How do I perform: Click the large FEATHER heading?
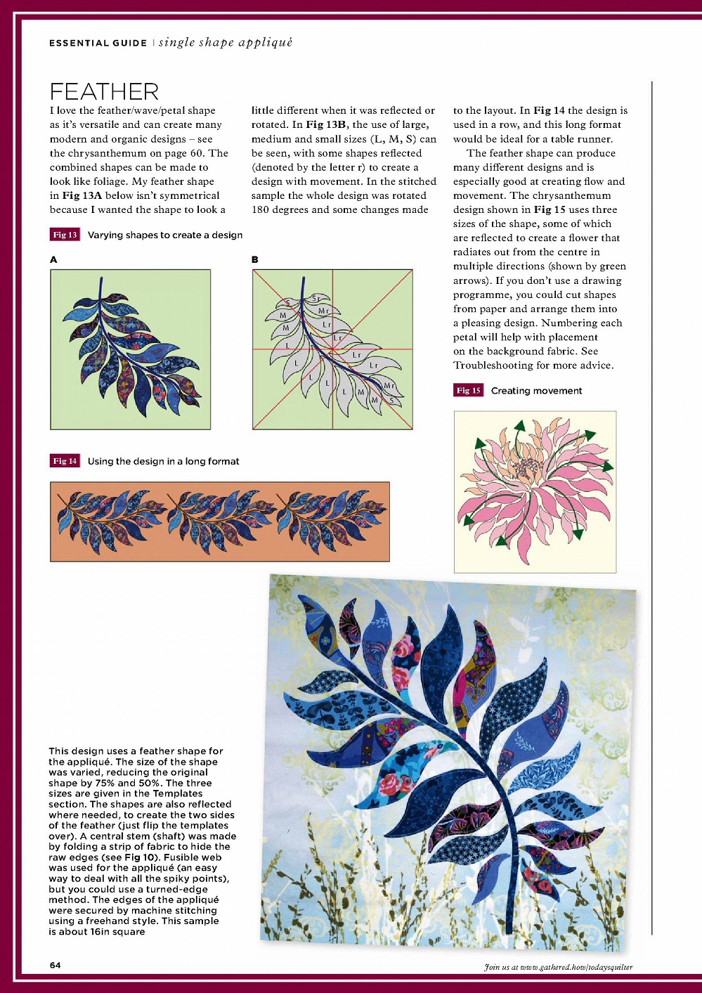pyautogui.click(x=104, y=91)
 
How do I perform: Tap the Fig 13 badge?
pyautogui.click(x=65, y=235)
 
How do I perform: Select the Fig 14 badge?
pyautogui.click(x=65, y=461)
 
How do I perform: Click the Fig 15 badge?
pyautogui.click(x=468, y=391)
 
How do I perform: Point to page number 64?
pyautogui.click(x=55, y=965)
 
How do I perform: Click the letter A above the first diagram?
pyautogui.click(x=53, y=259)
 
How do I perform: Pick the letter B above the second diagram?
pyautogui.click(x=255, y=259)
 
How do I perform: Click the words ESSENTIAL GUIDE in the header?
pyautogui.click(x=98, y=43)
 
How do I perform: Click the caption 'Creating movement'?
pyautogui.click(x=536, y=391)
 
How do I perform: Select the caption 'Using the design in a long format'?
pyautogui.click(x=163, y=461)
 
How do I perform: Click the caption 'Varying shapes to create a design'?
pyautogui.click(x=165, y=235)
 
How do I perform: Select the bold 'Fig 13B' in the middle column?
pyautogui.click(x=326, y=125)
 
